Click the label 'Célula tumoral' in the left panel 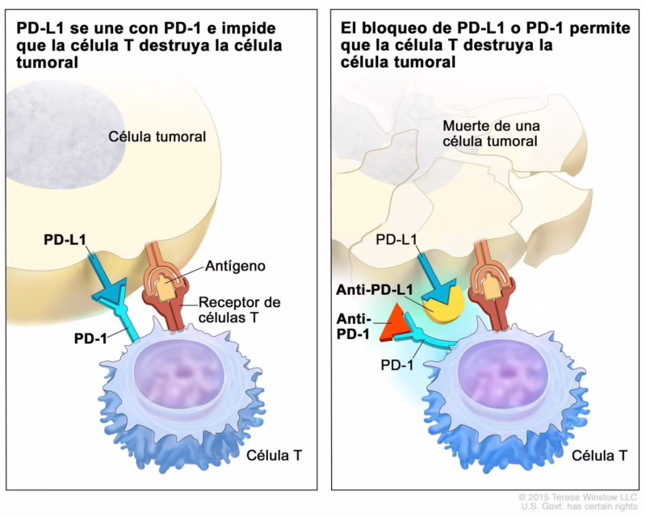tap(157, 137)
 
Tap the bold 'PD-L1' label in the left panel tap(68, 239)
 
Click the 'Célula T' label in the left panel tap(274, 456)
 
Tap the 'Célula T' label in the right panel tap(599, 456)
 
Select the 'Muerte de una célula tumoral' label tap(489, 133)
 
